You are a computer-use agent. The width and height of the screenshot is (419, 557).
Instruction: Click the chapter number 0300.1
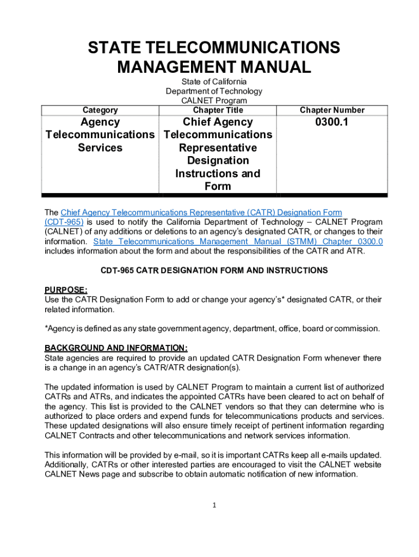332,122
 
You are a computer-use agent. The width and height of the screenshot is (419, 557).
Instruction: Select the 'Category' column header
100,110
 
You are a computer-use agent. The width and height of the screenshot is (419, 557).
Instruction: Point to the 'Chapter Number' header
332,110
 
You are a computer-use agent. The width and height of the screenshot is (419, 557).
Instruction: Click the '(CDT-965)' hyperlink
64,222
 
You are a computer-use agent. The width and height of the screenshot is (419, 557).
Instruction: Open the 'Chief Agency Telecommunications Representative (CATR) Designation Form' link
201,212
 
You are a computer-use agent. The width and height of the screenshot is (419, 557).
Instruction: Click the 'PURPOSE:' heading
66,290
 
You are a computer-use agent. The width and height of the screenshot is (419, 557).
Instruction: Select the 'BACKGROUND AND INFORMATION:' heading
116,348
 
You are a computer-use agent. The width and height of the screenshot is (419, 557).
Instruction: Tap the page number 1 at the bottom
215,505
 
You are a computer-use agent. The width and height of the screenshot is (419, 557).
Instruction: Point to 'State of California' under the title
214,82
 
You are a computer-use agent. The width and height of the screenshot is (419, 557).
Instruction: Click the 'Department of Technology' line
214,91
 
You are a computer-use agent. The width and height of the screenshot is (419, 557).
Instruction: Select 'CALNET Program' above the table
214,101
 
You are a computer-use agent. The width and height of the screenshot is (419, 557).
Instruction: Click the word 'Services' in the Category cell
100,148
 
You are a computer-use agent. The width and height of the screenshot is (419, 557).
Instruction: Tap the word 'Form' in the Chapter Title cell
218,187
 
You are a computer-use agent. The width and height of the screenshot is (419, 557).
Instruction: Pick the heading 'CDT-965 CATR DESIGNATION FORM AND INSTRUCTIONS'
214,270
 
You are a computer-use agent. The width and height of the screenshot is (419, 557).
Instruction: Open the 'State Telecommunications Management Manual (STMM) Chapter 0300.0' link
238,242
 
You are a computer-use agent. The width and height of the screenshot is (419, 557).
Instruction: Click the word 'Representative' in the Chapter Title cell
218,148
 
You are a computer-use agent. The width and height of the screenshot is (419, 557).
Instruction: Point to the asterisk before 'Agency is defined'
46,328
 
